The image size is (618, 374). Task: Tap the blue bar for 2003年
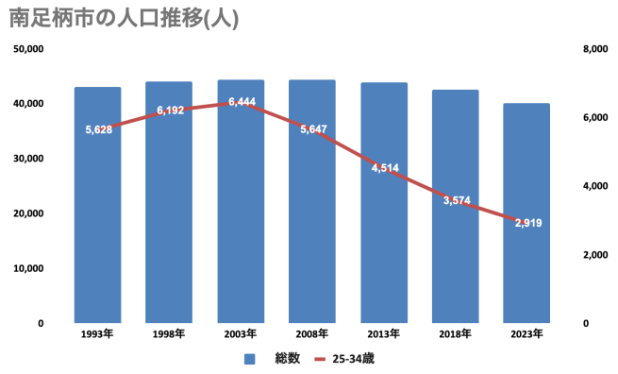click(x=241, y=217)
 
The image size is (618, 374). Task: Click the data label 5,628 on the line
click(x=98, y=129)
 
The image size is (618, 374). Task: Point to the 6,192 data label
click(x=170, y=110)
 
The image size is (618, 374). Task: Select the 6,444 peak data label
click(x=242, y=101)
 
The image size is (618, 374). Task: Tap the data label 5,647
click(x=313, y=128)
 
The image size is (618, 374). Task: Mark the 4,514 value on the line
click(x=385, y=168)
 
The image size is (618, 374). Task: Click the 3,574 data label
click(x=456, y=200)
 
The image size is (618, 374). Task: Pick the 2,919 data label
click(x=527, y=223)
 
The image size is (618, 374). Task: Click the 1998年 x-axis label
click(x=170, y=333)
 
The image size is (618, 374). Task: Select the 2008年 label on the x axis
click(x=312, y=333)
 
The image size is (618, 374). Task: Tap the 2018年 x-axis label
click(x=456, y=333)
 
